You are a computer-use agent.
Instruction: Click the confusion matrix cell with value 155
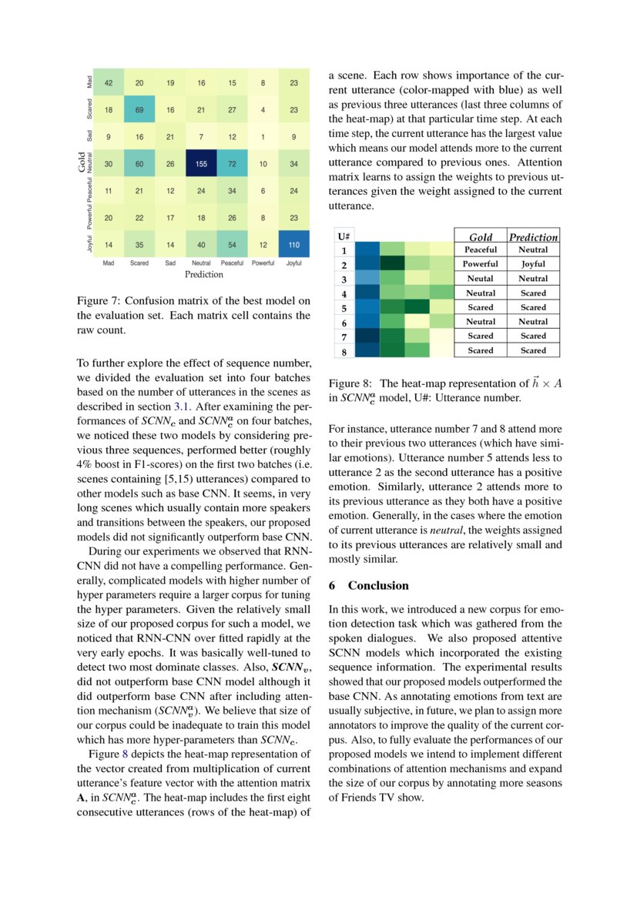[x=201, y=163]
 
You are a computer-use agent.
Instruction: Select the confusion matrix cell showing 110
[x=293, y=244]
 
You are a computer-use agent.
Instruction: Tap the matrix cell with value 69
[x=139, y=110]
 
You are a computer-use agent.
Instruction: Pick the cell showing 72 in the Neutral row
[x=232, y=163]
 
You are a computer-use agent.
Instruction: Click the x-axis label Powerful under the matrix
[x=263, y=263]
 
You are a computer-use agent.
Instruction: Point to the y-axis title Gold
[x=81, y=163]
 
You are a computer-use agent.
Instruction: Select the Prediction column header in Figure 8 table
[x=533, y=237]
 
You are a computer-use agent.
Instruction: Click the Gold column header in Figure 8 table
[x=481, y=237]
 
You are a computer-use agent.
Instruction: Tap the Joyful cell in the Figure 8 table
[x=533, y=264]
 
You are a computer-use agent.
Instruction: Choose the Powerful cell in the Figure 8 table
[x=481, y=264]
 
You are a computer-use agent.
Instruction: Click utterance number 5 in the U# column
[x=344, y=308]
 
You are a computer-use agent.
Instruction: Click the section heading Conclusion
[x=372, y=585]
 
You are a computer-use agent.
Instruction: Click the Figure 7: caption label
[x=104, y=300]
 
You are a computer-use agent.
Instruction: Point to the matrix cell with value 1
[x=263, y=137]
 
